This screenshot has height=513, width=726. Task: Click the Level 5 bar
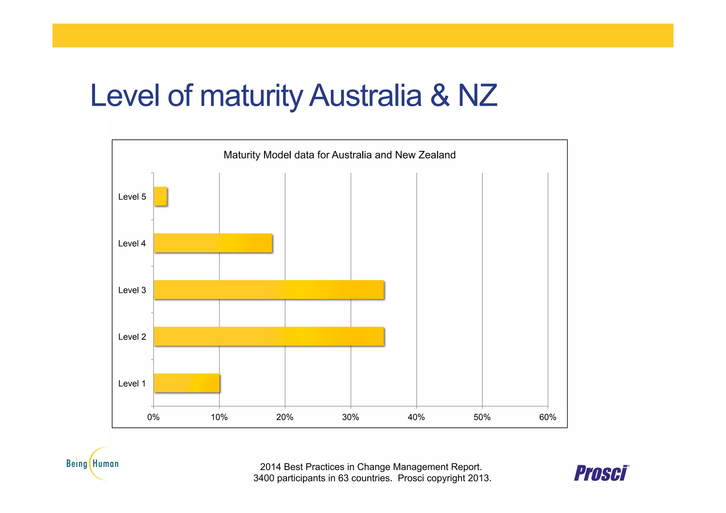(160, 196)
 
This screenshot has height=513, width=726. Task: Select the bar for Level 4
(213, 243)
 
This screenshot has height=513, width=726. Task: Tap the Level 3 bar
(269, 290)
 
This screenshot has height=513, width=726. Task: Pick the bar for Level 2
(269, 336)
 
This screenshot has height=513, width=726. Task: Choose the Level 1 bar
(186, 383)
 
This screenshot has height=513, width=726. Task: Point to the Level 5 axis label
(132, 197)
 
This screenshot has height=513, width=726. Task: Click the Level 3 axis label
(132, 290)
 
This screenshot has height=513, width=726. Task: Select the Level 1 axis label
(132, 384)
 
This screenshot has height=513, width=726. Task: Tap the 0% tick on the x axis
(153, 417)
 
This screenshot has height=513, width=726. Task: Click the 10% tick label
(219, 417)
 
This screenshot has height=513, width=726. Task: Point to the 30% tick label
(351, 417)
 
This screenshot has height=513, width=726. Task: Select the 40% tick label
(416, 417)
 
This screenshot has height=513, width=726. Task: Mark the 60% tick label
(548, 417)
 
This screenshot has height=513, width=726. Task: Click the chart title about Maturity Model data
(340, 155)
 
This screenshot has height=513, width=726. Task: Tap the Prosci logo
(601, 473)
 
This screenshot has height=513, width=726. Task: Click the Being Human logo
(93, 463)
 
